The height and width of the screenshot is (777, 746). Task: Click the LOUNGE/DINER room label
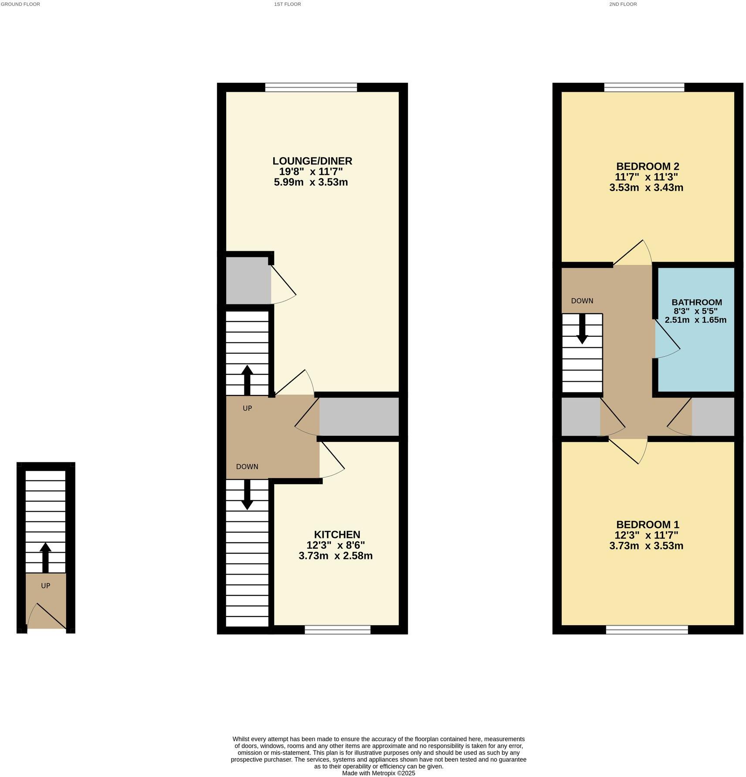point(312,161)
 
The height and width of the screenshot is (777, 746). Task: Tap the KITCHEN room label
point(337,534)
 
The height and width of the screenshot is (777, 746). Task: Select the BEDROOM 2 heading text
point(647,166)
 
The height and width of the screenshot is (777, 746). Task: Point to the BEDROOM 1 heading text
point(647,524)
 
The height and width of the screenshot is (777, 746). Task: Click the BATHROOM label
point(696,302)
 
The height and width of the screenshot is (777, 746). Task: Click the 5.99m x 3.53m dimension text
point(310,182)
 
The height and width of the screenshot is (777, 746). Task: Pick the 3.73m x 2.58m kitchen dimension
point(335,556)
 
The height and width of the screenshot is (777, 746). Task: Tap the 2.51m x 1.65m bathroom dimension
point(695,320)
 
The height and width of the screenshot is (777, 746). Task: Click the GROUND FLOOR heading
point(20,4)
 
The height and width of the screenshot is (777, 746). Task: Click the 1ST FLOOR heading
point(287,4)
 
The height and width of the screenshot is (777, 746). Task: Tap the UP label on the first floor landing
point(247,408)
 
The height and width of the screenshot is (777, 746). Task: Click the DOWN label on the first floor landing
point(247,467)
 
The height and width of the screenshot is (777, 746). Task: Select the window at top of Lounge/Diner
point(311,88)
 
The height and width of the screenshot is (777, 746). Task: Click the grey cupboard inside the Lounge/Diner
point(248,281)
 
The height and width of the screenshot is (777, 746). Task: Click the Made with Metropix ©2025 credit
point(378,773)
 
